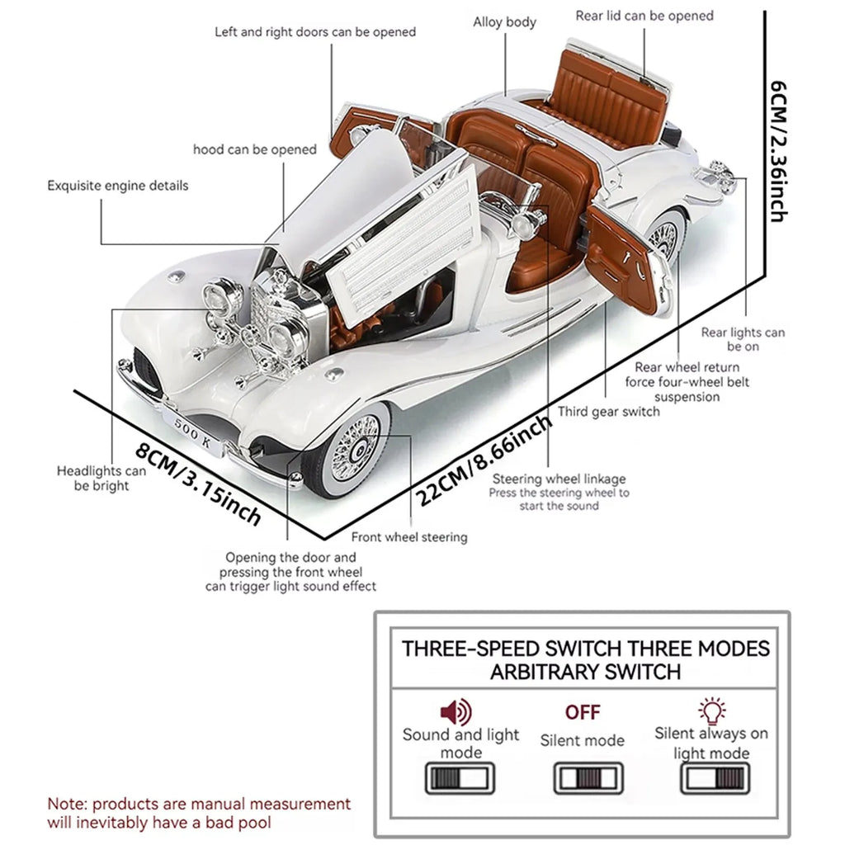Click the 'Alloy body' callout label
pyautogui.click(x=504, y=22)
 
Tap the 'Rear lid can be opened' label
pyautogui.click(x=644, y=16)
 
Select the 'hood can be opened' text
pyautogui.click(x=254, y=149)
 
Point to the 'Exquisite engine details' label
pyautogui.click(x=117, y=185)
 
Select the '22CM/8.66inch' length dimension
pyautogui.click(x=483, y=460)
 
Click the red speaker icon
pyautogui.click(x=456, y=711)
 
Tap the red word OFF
pyautogui.click(x=583, y=712)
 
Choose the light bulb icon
pyautogui.click(x=711, y=710)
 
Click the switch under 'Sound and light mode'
pyautogui.click(x=460, y=778)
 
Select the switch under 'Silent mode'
pyautogui.click(x=588, y=778)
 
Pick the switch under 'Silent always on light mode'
pyautogui.click(x=715, y=778)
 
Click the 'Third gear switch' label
pyautogui.click(x=609, y=411)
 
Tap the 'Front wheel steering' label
pyautogui.click(x=409, y=537)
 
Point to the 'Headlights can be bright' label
pyautogui.click(x=101, y=478)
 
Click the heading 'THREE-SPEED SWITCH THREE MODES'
pyautogui.click(x=585, y=648)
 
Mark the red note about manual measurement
pyautogui.click(x=198, y=812)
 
